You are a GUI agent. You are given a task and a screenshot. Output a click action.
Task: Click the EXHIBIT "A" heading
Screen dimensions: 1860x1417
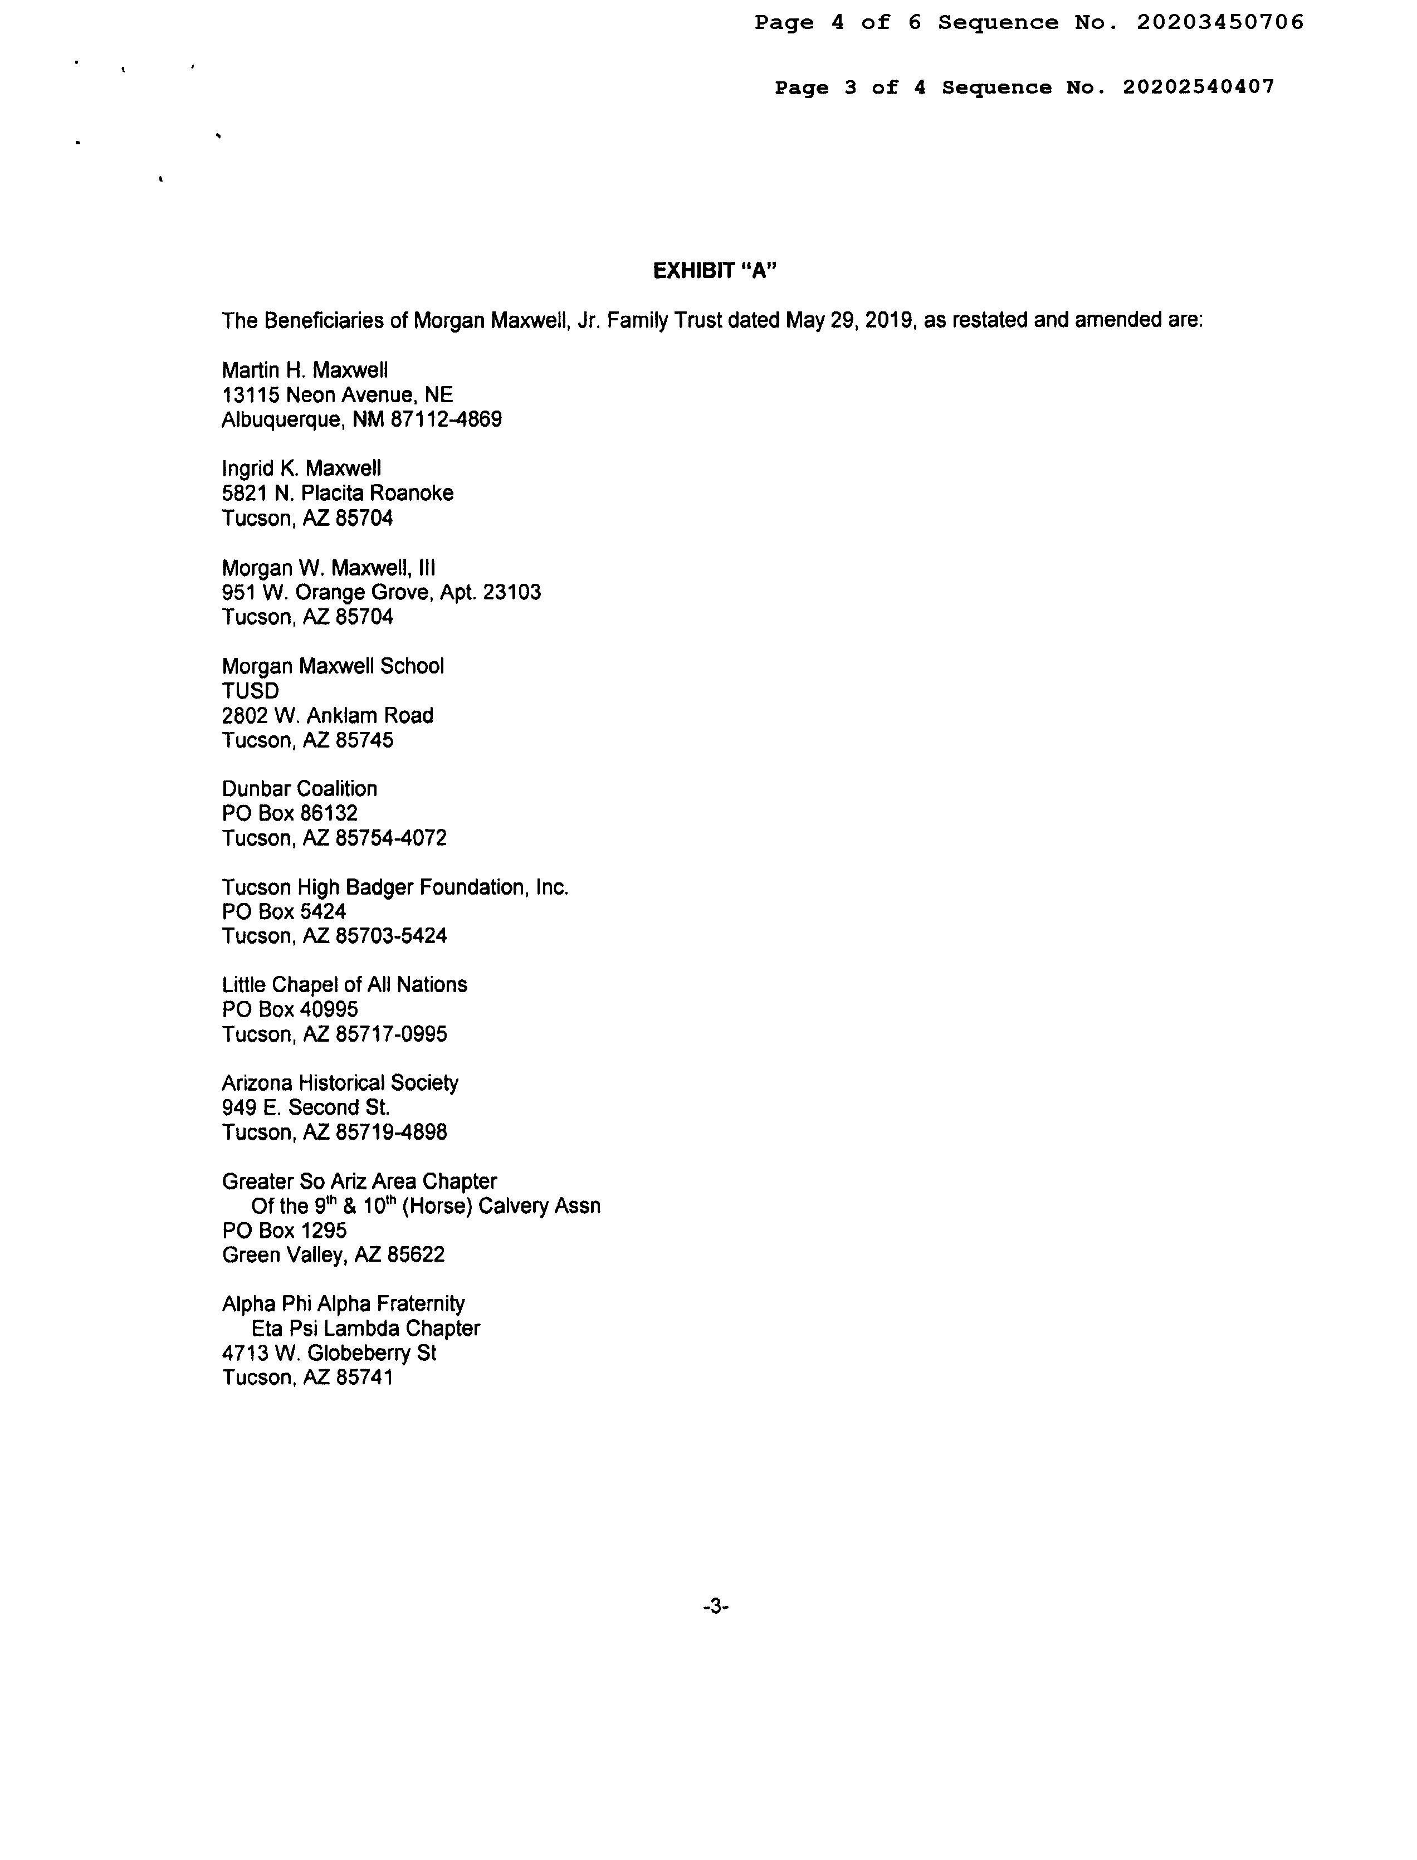[x=715, y=271]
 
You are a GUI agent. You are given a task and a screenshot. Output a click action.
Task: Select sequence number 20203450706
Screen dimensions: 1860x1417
[x=1220, y=23]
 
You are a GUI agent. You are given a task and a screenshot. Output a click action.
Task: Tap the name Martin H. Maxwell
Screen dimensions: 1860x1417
[x=305, y=370]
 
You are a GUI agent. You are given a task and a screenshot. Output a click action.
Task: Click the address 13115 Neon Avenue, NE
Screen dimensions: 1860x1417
[x=338, y=395]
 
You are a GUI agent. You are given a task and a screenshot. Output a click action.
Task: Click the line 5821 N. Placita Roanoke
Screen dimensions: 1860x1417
[x=338, y=494]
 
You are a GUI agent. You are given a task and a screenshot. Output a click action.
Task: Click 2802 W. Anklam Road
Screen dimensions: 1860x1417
[x=328, y=716]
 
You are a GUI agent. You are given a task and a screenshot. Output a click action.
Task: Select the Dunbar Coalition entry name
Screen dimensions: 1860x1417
[x=300, y=789]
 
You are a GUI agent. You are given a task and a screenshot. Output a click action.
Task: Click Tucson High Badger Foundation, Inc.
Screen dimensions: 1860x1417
[x=395, y=887]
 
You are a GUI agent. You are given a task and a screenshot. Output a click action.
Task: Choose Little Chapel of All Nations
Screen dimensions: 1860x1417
[x=344, y=985]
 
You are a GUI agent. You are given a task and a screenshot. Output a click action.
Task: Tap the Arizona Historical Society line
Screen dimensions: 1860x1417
[x=340, y=1083]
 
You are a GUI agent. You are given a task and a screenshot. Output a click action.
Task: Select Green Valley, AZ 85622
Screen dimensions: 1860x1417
[x=333, y=1255]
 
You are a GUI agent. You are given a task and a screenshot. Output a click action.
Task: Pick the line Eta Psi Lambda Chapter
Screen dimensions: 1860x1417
[x=365, y=1329]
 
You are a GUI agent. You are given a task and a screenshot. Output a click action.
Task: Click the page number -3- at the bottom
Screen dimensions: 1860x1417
[x=715, y=1607]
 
